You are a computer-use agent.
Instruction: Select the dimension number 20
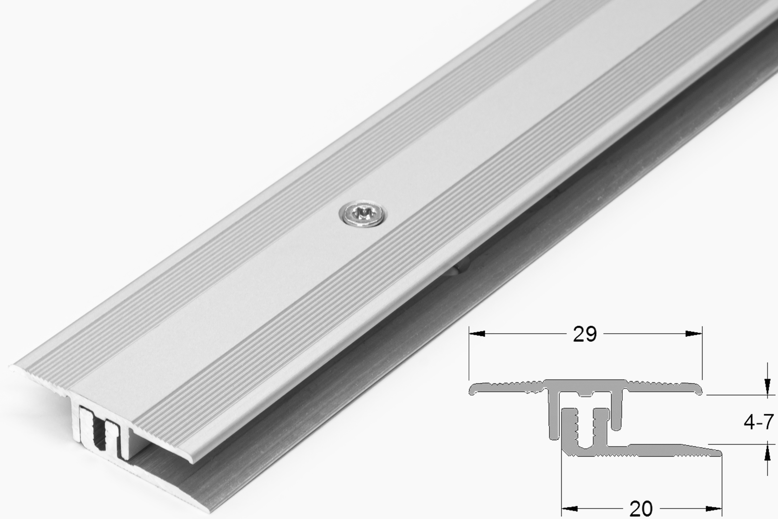coord(641,509)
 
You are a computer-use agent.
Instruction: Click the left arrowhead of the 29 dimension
coord(477,334)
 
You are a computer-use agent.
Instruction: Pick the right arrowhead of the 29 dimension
coord(693,334)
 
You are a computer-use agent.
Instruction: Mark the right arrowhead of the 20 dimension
coord(714,509)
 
